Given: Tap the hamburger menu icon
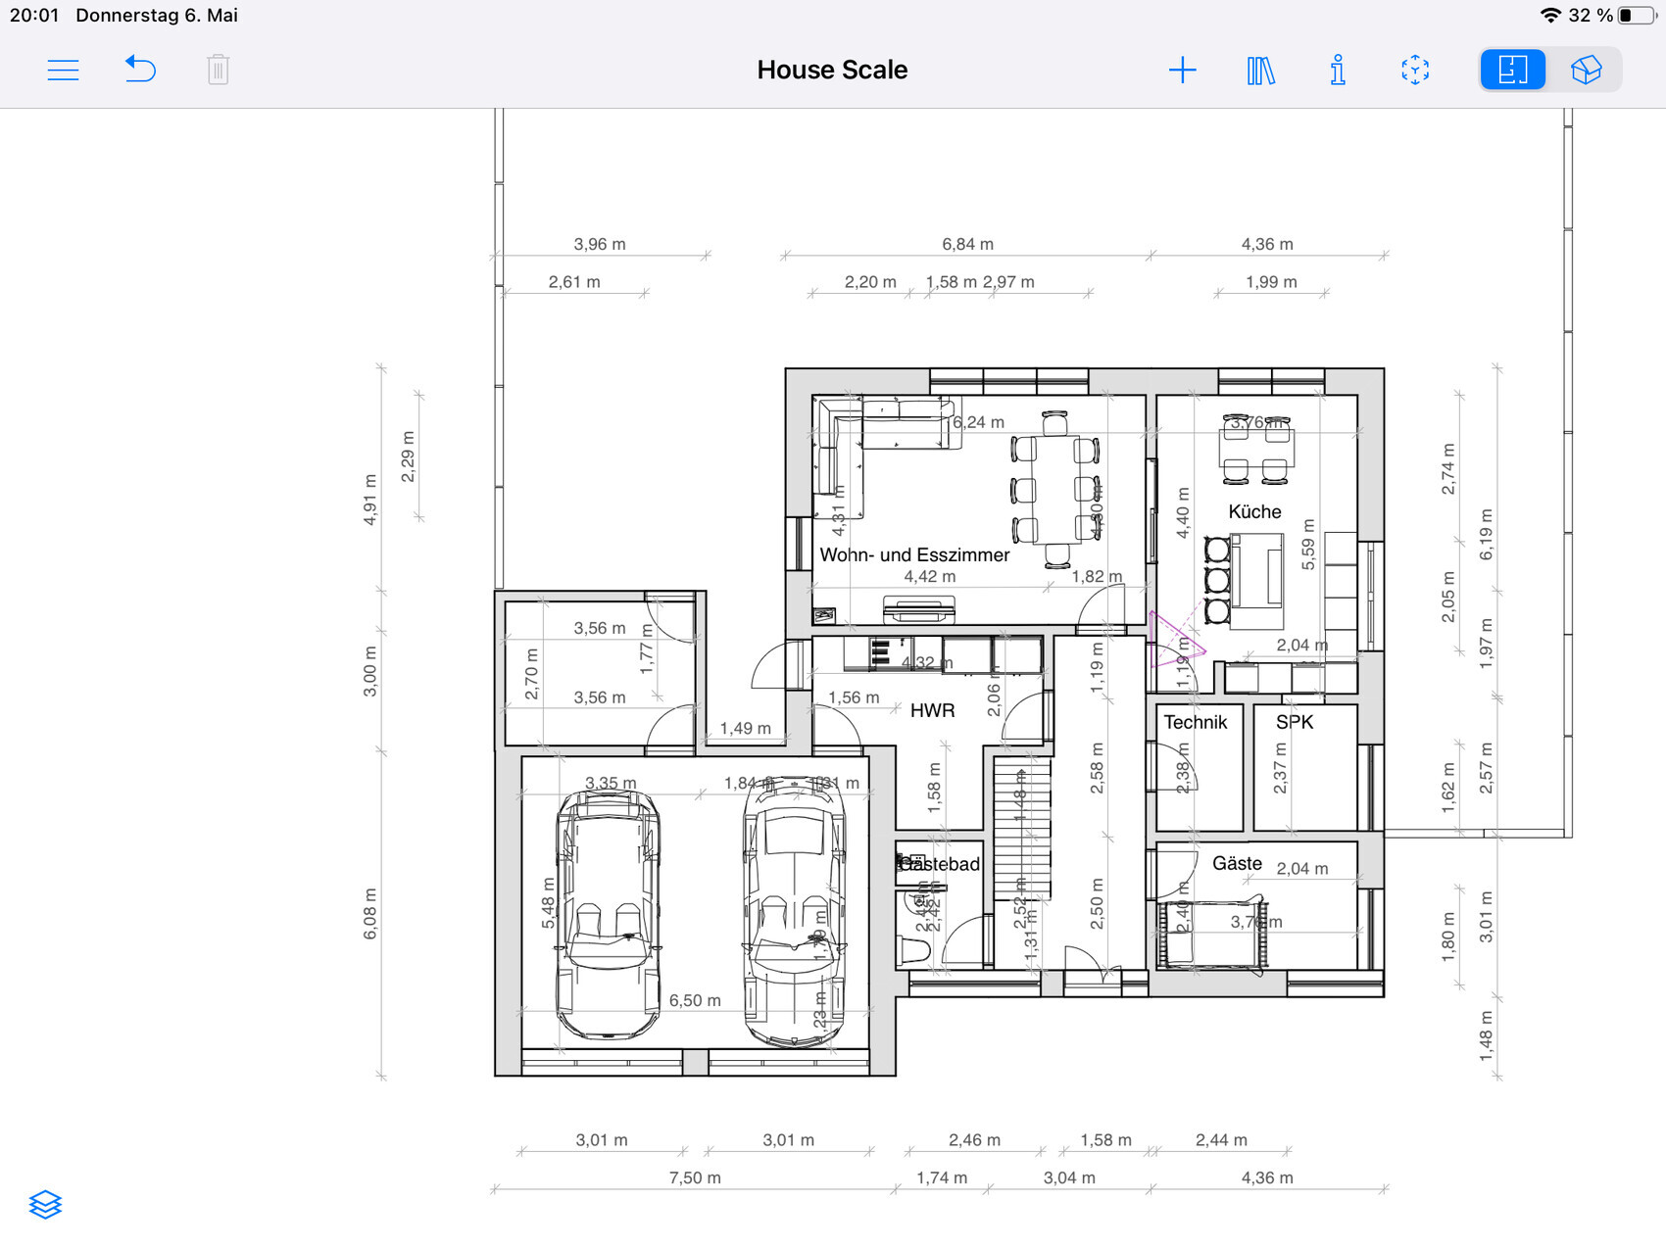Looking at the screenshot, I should (x=63, y=70).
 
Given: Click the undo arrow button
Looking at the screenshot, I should (x=140, y=70).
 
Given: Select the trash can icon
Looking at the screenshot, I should (x=218, y=70).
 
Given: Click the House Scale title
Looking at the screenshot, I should (x=832, y=70).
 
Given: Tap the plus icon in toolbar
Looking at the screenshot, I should (x=1183, y=70).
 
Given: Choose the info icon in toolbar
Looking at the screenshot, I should (x=1338, y=70).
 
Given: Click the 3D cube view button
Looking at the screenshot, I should (x=1586, y=70).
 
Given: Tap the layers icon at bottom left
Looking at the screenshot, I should (x=45, y=1204).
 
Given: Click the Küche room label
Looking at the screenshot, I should (x=1254, y=511).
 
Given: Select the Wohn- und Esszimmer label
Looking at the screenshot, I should (x=914, y=554).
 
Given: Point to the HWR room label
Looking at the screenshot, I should (x=932, y=710).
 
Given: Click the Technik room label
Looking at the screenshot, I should (x=1195, y=722).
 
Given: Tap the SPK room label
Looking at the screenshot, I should (x=1294, y=722).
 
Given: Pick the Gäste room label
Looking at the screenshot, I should (x=1237, y=863).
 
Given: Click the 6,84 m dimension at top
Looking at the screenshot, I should (x=967, y=244).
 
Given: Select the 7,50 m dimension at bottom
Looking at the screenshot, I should (x=695, y=1177).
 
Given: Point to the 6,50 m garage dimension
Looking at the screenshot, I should (x=695, y=1000).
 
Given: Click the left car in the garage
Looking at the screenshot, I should (x=608, y=916).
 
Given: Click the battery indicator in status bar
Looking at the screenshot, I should (x=1635, y=15).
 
